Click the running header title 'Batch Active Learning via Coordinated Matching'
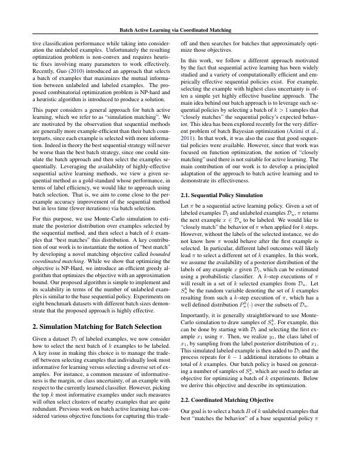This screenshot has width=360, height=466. coord(180,29)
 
